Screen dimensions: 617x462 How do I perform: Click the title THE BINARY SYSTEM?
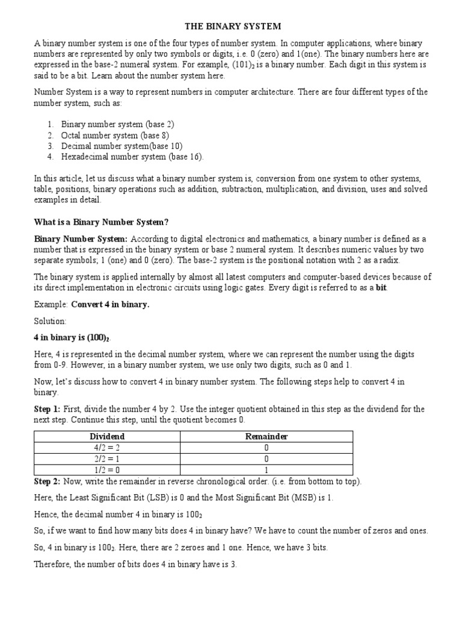pyautogui.click(x=232, y=27)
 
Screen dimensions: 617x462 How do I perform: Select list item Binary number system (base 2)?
pyautogui.click(x=117, y=124)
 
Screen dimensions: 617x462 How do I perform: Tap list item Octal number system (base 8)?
pyautogui.click(x=115, y=135)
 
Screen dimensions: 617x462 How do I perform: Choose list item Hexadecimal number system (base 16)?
pyautogui.click(x=132, y=157)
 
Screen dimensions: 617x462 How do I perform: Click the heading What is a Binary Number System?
pyautogui.click(x=105, y=222)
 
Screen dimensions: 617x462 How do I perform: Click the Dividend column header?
pyautogui.click(x=107, y=436)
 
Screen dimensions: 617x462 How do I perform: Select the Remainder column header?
pyautogui.click(x=266, y=436)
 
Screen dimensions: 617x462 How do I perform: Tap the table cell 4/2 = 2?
pyautogui.click(x=107, y=448)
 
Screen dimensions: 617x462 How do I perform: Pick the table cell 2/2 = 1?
pyautogui.click(x=107, y=459)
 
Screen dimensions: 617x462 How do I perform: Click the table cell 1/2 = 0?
pyautogui.click(x=107, y=469)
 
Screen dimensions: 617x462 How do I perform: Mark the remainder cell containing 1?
pyautogui.click(x=266, y=469)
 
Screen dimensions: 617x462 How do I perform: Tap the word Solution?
pyautogui.click(x=51, y=322)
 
